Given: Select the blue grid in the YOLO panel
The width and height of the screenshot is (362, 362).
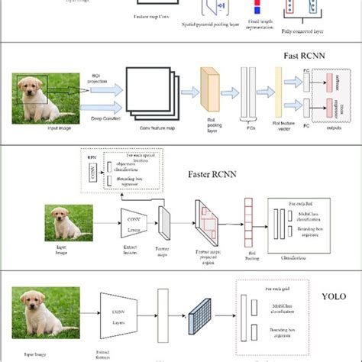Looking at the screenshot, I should point(201,314).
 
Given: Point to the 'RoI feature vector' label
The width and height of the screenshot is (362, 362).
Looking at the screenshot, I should point(283,125).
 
